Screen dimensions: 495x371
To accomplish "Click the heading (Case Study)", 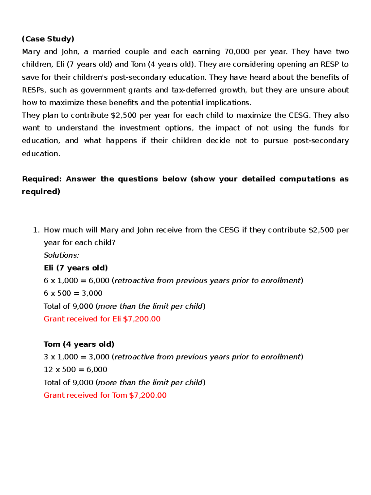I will (x=48, y=39).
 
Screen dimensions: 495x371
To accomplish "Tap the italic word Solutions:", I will (x=62, y=255).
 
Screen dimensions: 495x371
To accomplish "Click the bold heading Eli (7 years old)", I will (x=76, y=268).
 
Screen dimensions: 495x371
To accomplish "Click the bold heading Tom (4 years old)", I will (x=79, y=344).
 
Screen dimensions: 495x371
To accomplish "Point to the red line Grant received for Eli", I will (x=102, y=319).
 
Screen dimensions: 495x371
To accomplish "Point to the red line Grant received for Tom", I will (x=105, y=395).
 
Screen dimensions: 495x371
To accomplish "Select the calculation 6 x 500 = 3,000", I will (x=73, y=293).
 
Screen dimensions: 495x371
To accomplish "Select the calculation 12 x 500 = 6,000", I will (x=75, y=370).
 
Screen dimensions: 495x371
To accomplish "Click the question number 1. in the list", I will (x=36, y=230).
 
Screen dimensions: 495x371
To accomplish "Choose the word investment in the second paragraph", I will (x=140, y=128).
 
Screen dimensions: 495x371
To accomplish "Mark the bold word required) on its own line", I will (x=41, y=192).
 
